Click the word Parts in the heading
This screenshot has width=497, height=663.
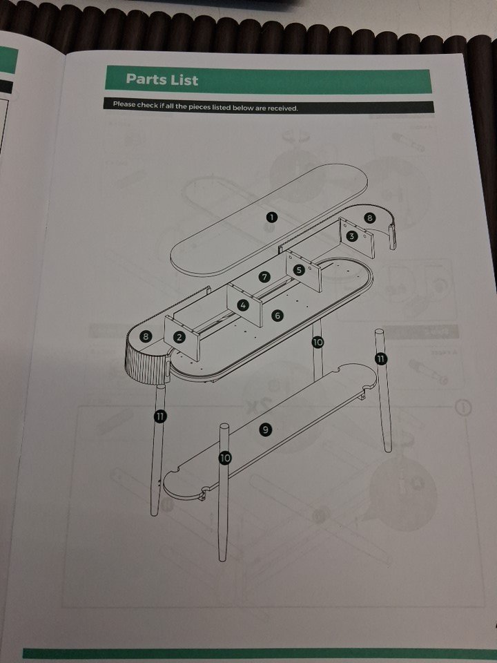pos(146,79)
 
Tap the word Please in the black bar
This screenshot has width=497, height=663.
pos(124,104)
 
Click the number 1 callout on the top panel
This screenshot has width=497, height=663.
pos(271,218)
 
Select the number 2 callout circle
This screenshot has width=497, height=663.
pos(179,337)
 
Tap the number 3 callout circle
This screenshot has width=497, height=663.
pos(351,236)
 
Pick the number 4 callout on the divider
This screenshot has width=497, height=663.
pos(242,305)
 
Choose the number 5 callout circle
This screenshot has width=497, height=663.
pos(299,270)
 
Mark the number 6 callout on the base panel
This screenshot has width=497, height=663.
pos(277,316)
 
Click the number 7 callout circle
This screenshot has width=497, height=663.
pos(264,277)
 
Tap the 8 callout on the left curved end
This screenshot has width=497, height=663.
pos(146,336)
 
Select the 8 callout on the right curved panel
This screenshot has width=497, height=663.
pos(369,218)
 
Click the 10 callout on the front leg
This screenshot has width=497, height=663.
pos(225,457)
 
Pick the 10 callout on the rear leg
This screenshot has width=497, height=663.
pos(318,342)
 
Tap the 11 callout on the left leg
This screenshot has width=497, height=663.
pos(159,416)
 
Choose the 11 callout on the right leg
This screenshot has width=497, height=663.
pos(381,359)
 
